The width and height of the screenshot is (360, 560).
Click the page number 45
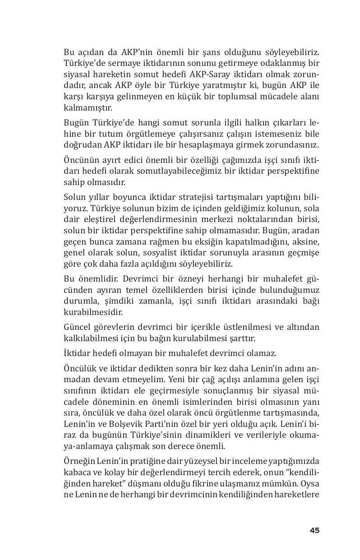coord(314,530)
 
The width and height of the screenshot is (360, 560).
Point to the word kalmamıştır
coord(88,108)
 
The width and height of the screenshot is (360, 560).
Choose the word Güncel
coord(77,327)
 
